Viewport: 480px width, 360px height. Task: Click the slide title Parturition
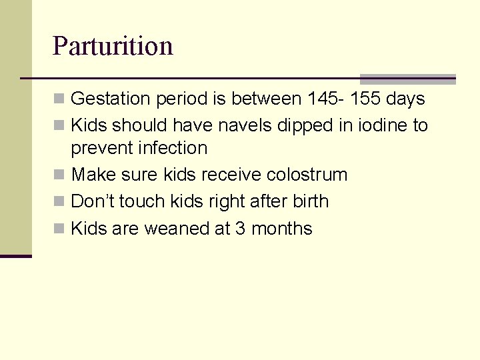point(113,46)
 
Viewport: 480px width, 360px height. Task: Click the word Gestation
point(111,99)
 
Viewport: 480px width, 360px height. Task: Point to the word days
point(405,99)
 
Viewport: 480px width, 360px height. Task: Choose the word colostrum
point(307,175)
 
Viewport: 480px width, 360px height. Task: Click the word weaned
point(177,229)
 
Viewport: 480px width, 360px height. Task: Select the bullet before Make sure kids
point(60,175)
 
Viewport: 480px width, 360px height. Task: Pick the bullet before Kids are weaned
point(60,229)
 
